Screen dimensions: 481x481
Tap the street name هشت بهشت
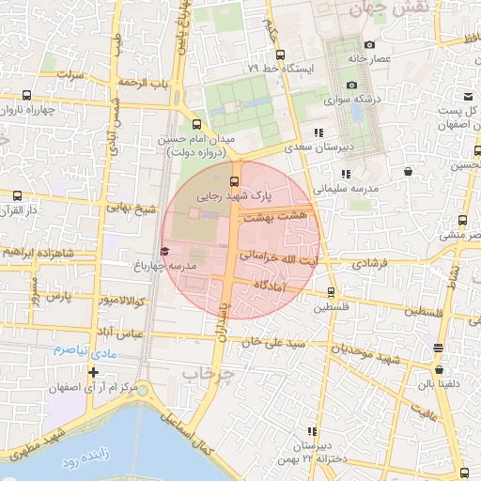(x=271, y=218)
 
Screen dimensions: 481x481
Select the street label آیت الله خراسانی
(x=279, y=256)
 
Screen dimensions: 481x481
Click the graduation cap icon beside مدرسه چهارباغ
(x=164, y=251)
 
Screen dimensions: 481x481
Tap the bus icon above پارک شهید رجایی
(x=234, y=182)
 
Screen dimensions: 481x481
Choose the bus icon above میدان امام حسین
(x=196, y=124)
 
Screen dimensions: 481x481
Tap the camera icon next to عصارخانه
(x=369, y=45)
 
